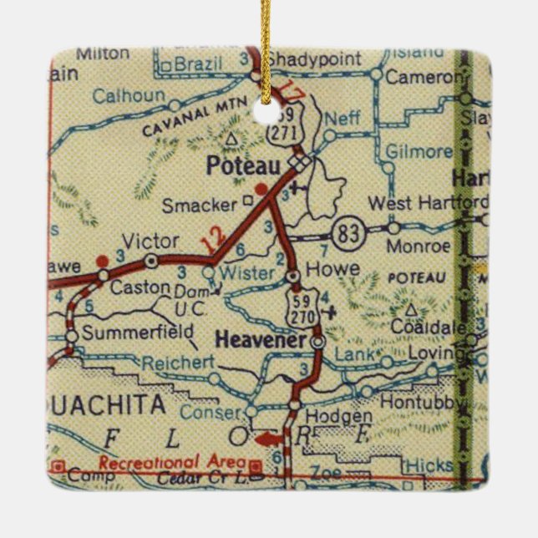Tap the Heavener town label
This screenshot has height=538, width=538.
[x=260, y=339]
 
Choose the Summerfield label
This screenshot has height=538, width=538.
[x=125, y=333]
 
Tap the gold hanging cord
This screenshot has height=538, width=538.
[x=266, y=42]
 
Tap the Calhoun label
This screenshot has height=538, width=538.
[x=128, y=95]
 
